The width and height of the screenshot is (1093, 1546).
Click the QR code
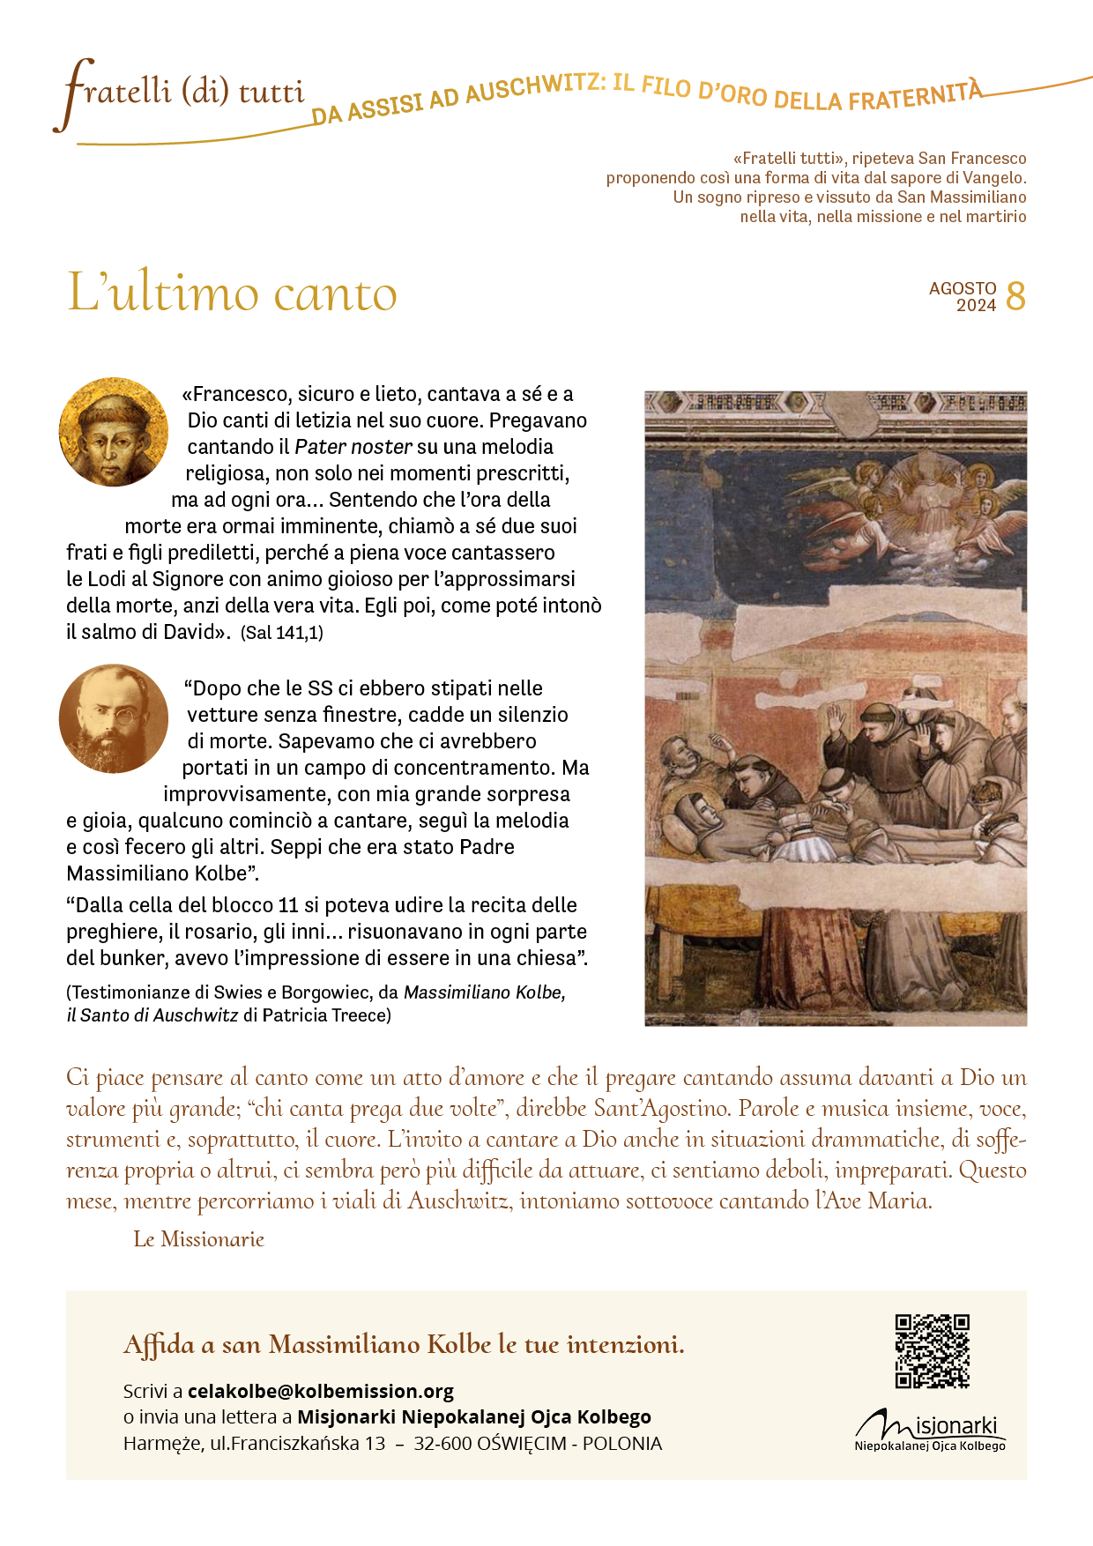tap(932, 1350)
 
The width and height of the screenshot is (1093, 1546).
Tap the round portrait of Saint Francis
tap(114, 432)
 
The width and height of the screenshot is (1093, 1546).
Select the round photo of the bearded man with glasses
tap(114, 718)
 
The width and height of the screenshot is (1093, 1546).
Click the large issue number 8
tap(1015, 297)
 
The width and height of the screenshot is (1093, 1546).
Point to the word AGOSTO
tap(963, 288)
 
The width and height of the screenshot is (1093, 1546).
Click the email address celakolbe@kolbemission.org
tap(321, 1391)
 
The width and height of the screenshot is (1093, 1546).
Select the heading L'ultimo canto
tap(232, 293)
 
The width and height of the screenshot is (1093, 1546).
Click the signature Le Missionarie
tap(198, 1239)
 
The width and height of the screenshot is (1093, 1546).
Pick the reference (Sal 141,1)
tap(282, 633)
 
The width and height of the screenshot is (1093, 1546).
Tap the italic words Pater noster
tap(353, 447)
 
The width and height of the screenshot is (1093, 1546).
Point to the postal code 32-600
tap(442, 1444)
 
